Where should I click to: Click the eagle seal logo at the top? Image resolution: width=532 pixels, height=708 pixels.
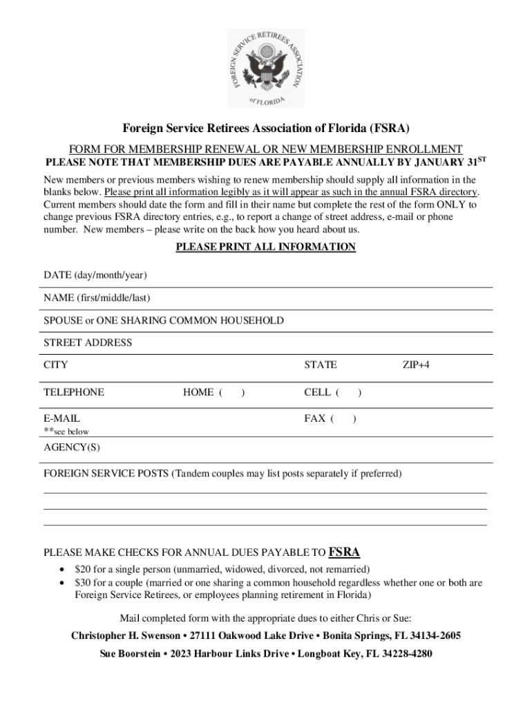[266, 68]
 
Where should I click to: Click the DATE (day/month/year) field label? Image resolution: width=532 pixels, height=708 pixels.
[95, 275]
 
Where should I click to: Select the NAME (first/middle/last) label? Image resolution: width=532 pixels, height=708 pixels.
[97, 298]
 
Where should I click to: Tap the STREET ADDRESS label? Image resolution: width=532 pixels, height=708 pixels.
[88, 343]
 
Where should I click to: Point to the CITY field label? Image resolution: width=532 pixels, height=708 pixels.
[56, 365]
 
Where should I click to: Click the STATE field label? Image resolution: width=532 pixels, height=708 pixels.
[321, 365]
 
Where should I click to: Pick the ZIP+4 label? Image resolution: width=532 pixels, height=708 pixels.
[416, 365]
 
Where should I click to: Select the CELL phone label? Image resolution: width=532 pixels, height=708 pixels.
[318, 393]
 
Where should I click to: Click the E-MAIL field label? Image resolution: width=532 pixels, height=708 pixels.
[61, 418]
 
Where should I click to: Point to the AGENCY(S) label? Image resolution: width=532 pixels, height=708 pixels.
[72, 447]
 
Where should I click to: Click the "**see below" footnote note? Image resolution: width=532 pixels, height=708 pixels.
[66, 431]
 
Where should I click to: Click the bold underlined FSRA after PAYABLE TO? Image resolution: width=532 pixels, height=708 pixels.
[343, 552]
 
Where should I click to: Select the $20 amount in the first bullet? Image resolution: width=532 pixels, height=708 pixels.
[84, 570]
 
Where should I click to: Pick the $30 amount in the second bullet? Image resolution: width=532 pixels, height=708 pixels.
[84, 583]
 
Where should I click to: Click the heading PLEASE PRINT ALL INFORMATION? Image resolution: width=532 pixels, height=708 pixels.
[266, 247]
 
